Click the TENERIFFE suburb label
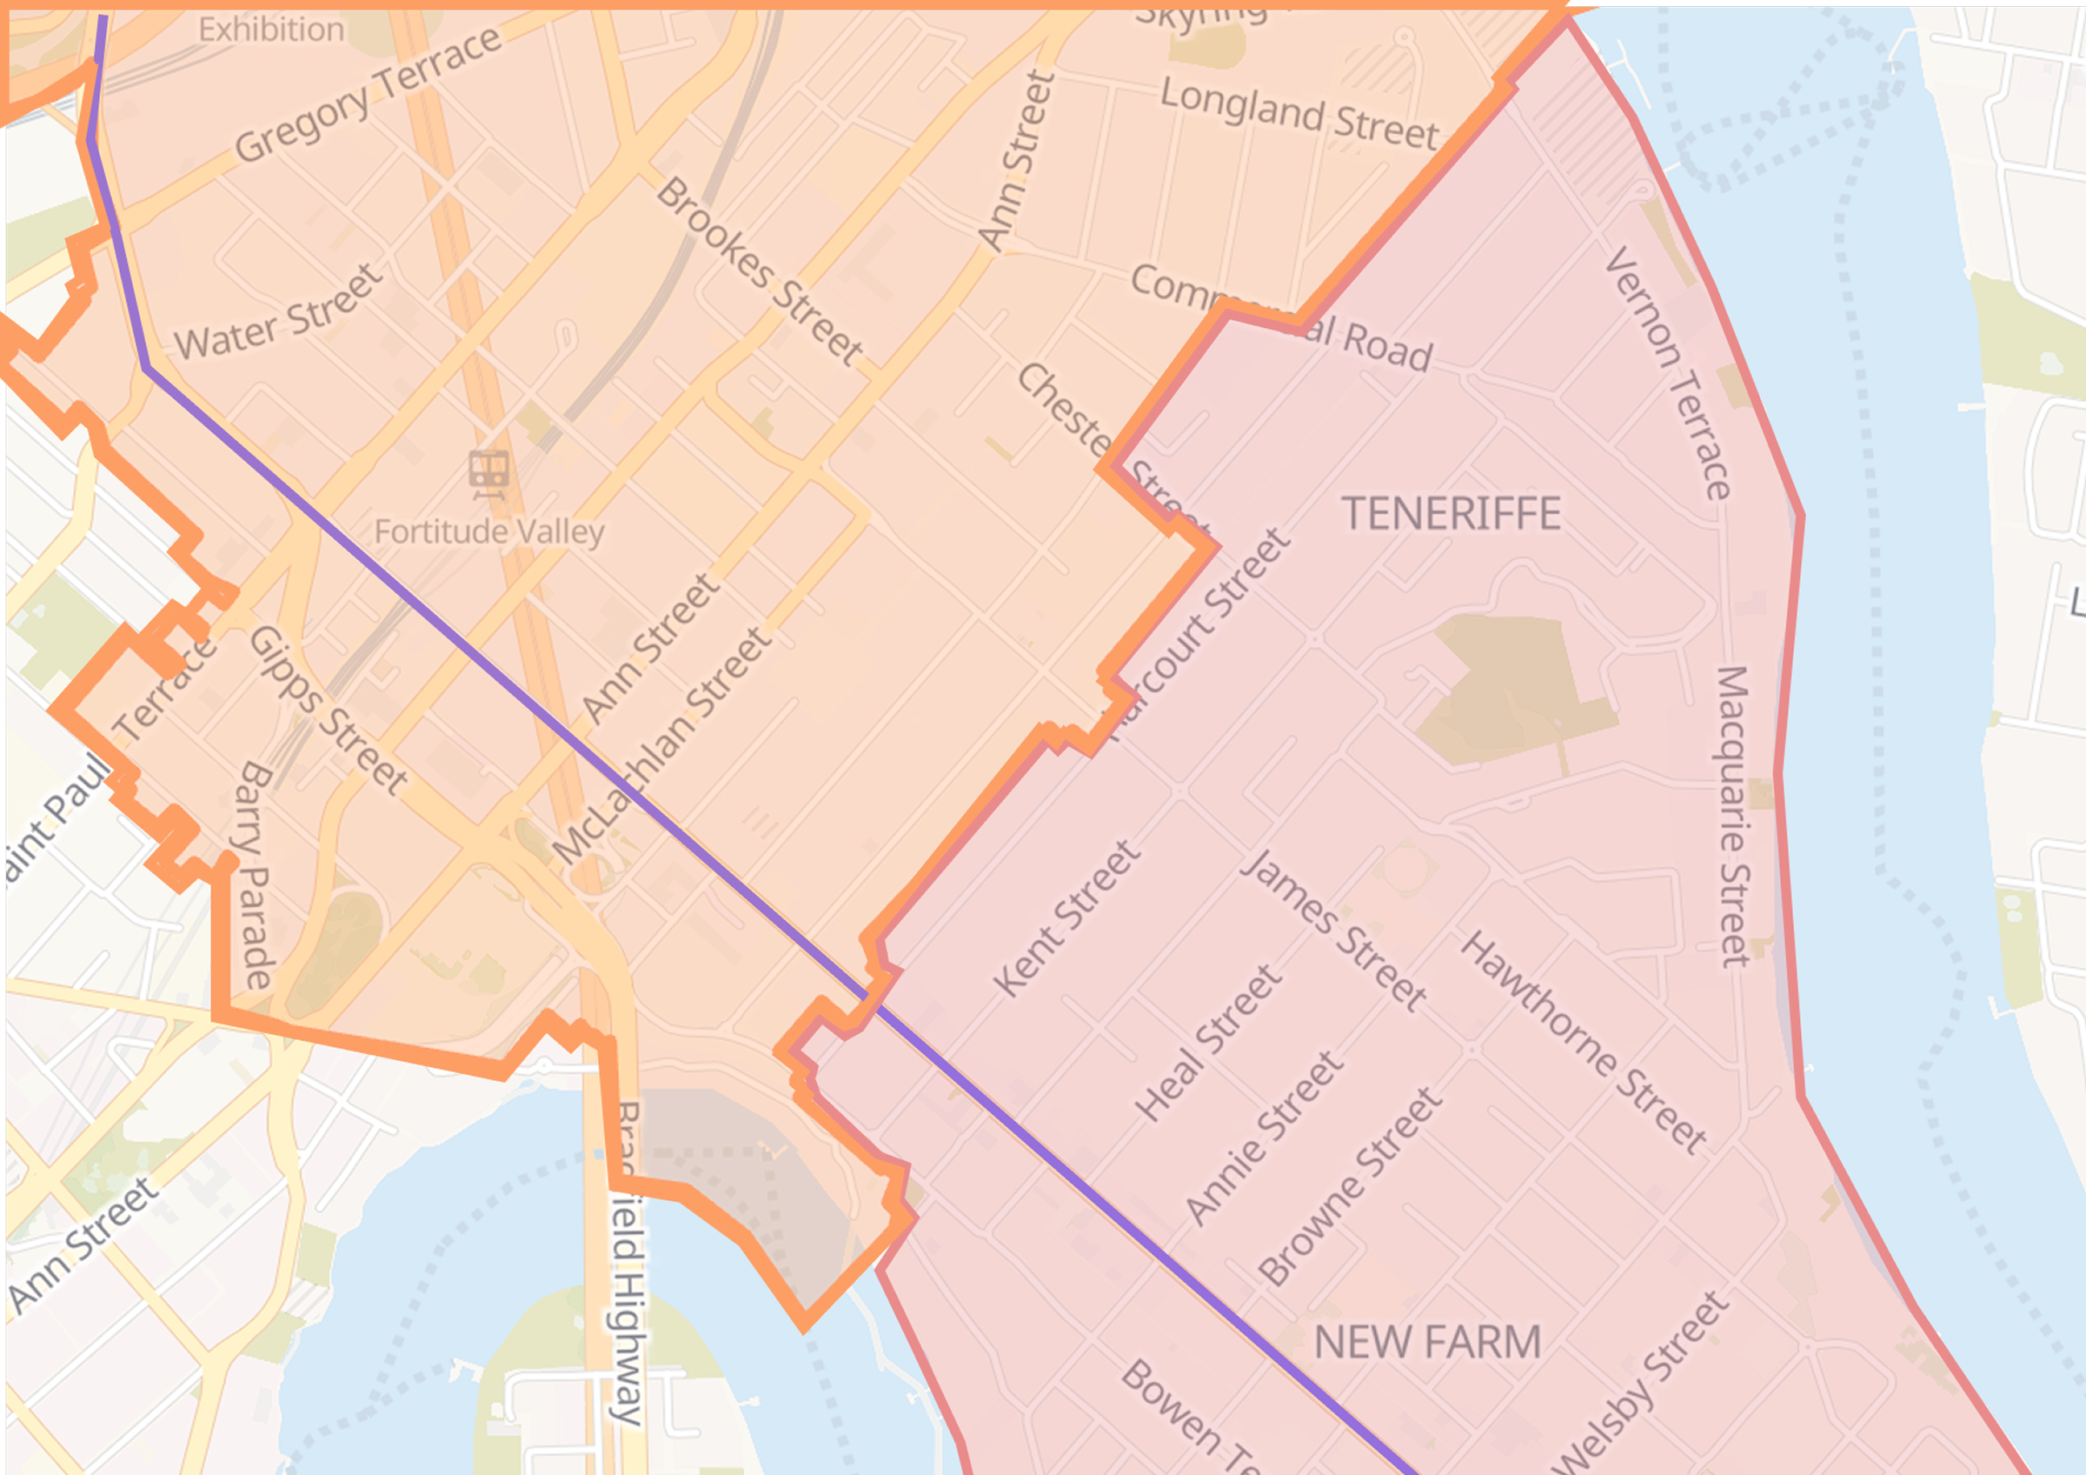tap(1451, 514)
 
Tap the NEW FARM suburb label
tap(1427, 1343)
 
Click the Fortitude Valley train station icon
tap(488, 473)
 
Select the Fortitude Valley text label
tap(488, 531)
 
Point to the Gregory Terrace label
tap(368, 94)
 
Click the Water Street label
tap(279, 314)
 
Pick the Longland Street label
tap(1299, 115)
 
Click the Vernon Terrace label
tap(1668, 372)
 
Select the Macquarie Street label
tap(1731, 818)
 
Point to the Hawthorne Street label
tap(1584, 1043)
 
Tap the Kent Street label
tap(1066, 918)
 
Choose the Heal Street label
tap(1208, 1043)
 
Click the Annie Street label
tap(1264, 1137)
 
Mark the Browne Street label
tap(1350, 1186)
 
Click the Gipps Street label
tap(328, 710)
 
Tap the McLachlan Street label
tap(661, 745)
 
